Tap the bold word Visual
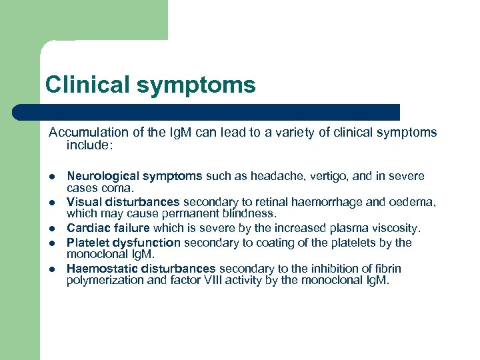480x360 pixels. click(x=83, y=201)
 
